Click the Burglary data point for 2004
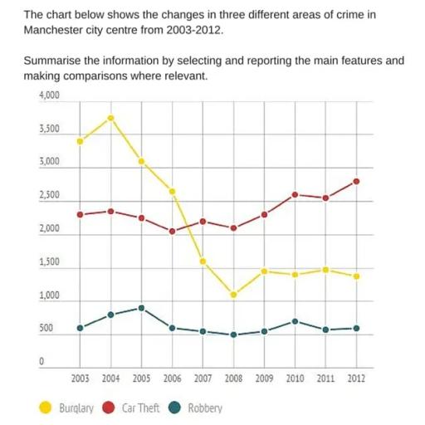110,118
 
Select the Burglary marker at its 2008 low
233,295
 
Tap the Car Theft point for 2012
356,181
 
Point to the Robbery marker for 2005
142,308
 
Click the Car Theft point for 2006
172,232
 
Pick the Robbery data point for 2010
295,321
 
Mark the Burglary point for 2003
80,141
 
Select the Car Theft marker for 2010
295,194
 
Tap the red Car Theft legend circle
109,408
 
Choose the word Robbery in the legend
205,408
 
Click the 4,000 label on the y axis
50,96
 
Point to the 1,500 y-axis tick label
50,262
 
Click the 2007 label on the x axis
203,379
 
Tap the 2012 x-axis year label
356,379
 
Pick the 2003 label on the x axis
80,379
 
